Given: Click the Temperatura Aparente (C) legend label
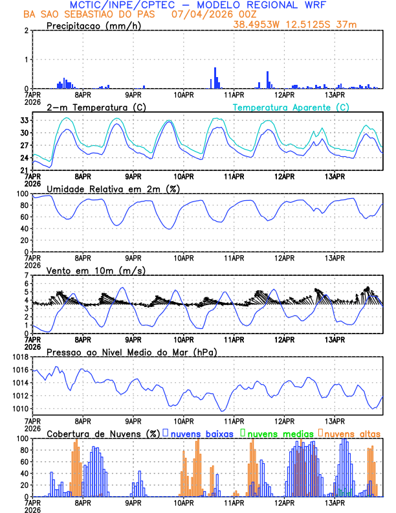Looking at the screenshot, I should [x=291, y=107].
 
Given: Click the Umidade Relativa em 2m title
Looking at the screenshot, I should [x=113, y=188].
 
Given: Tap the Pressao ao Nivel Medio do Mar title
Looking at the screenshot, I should [x=131, y=352].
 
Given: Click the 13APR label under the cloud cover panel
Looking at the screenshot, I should [x=334, y=502].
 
